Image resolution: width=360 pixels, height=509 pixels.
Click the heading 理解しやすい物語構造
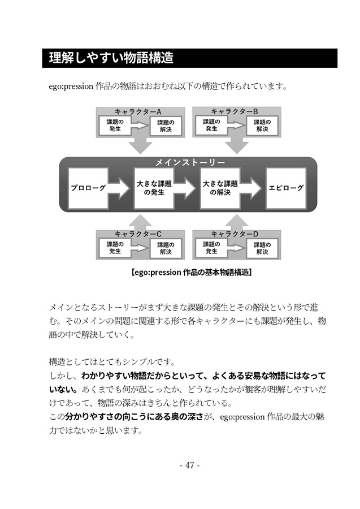[x=111, y=58]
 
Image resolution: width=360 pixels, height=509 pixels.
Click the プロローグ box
[x=88, y=188]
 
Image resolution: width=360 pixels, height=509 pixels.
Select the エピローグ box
[x=286, y=188]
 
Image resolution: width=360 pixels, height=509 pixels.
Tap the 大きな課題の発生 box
[x=154, y=188]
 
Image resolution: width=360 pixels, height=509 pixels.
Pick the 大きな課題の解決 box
[x=220, y=188]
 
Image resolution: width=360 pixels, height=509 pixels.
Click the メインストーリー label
[x=190, y=162]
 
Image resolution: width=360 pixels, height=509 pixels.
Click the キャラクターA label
[x=138, y=111]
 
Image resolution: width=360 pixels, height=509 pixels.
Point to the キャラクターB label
[x=235, y=111]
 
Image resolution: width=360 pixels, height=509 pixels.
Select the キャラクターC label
[x=138, y=234]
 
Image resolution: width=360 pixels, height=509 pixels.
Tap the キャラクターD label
[x=235, y=234]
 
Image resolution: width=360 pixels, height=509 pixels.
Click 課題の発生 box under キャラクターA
[x=115, y=126]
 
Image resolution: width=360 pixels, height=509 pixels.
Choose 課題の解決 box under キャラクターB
[x=262, y=126]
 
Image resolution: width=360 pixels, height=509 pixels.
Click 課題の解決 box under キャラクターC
[x=166, y=248]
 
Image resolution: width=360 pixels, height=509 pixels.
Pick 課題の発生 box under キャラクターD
[x=211, y=248]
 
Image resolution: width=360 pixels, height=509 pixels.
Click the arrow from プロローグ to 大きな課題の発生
[x=120, y=188]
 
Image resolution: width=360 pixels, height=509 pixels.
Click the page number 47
[x=190, y=465]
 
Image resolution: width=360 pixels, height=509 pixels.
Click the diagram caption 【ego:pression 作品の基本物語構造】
[x=192, y=272]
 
